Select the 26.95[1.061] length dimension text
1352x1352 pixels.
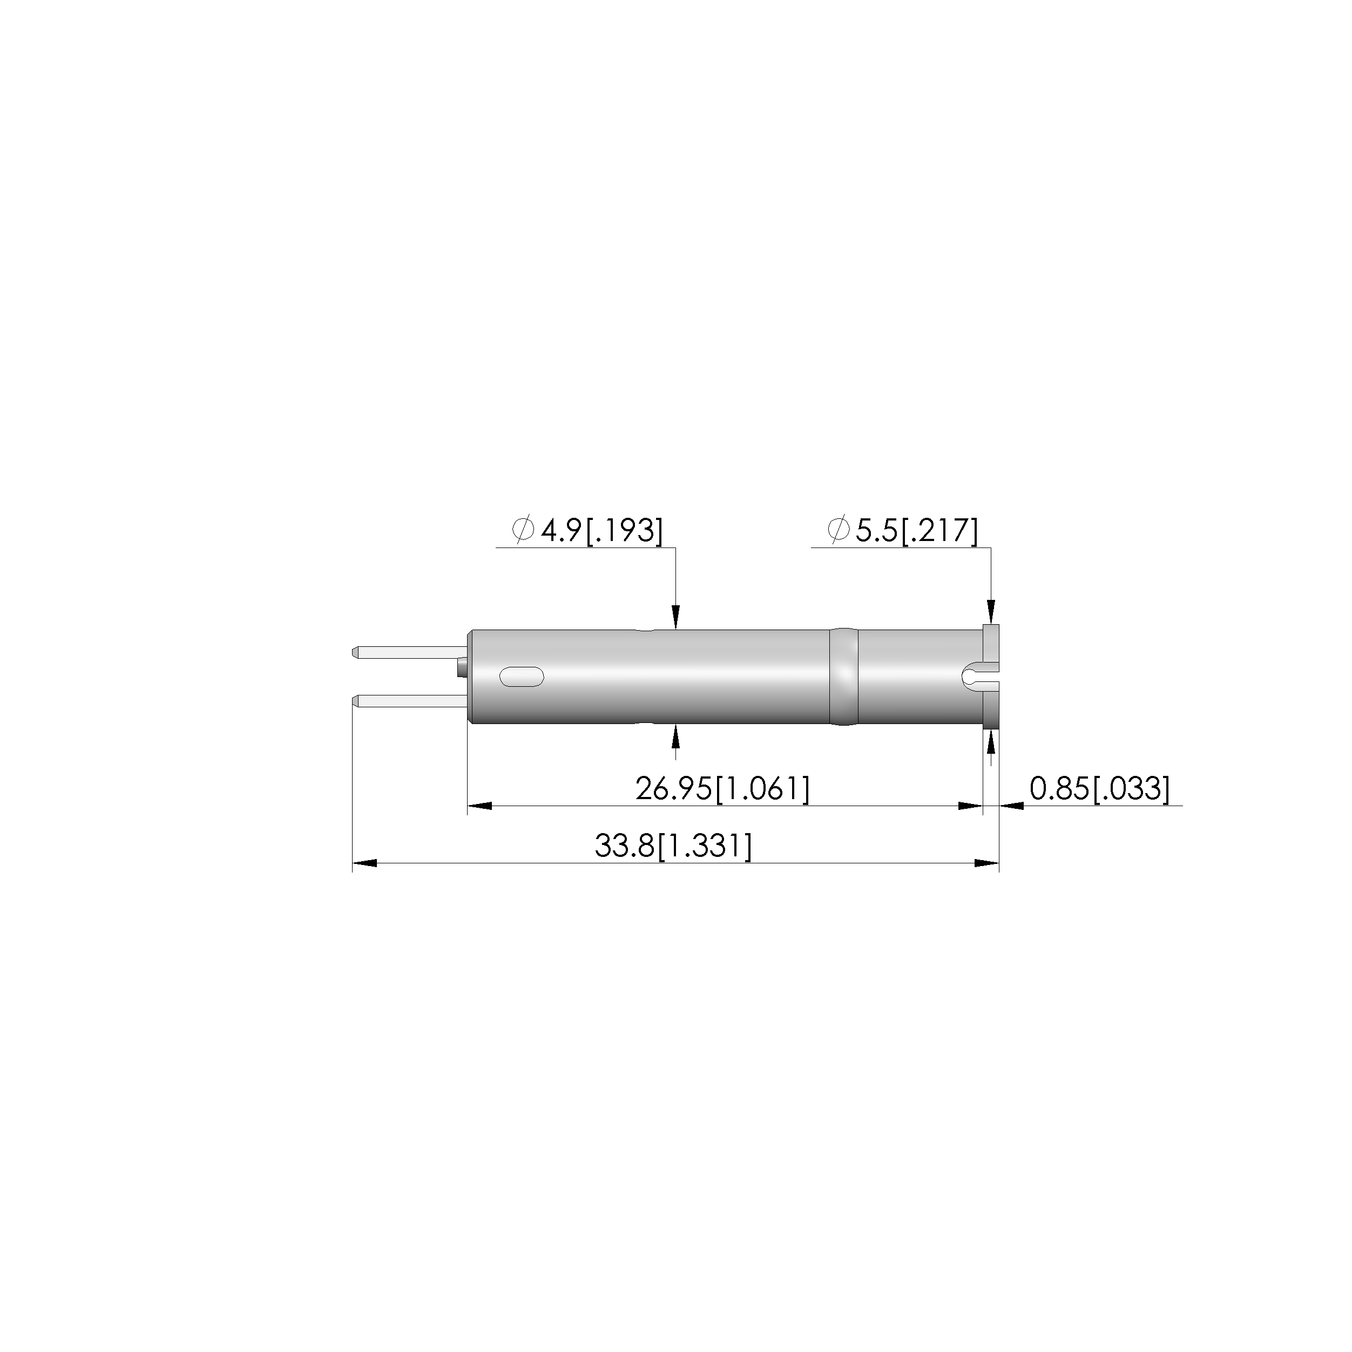(x=722, y=789)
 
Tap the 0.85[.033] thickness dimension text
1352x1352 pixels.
(x=1099, y=789)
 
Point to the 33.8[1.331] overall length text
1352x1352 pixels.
(x=673, y=846)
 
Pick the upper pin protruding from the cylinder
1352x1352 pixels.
(x=409, y=652)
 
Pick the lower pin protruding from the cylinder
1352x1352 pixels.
(x=409, y=700)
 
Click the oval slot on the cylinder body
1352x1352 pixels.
(x=522, y=676)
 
